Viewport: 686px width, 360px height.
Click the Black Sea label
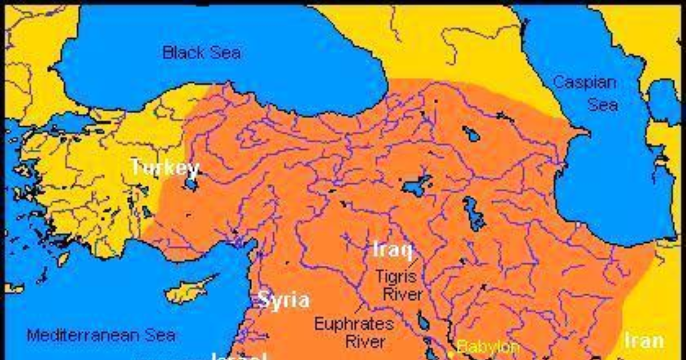point(201,53)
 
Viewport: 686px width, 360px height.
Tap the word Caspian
point(584,82)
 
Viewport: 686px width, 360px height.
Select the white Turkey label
point(165,169)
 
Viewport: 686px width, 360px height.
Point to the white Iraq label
point(393,249)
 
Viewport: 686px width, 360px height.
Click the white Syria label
point(284,300)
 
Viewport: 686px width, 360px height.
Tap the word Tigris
point(398,277)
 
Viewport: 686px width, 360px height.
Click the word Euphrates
point(354,324)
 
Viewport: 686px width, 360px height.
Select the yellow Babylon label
point(488,346)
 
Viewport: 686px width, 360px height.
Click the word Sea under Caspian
point(603,105)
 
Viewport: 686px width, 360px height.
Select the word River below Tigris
point(402,295)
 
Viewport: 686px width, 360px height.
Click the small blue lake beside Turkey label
point(190,185)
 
